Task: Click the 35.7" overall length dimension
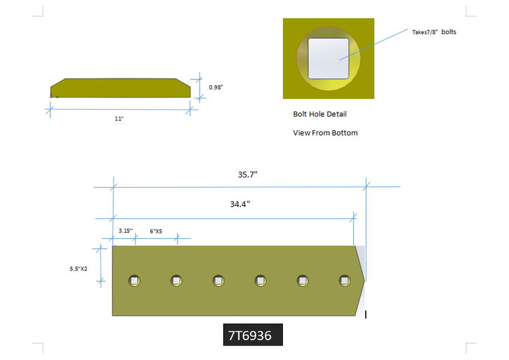[x=248, y=175]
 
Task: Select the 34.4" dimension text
[x=240, y=205]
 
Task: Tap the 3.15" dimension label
[x=126, y=230]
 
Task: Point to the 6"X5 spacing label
[x=156, y=232]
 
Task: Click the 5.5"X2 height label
[x=78, y=269]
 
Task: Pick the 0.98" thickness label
[x=216, y=87]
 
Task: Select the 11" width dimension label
[x=119, y=119]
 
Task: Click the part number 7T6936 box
[x=253, y=335]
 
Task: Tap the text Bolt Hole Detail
[x=320, y=114]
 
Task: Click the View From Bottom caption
[x=326, y=133]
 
